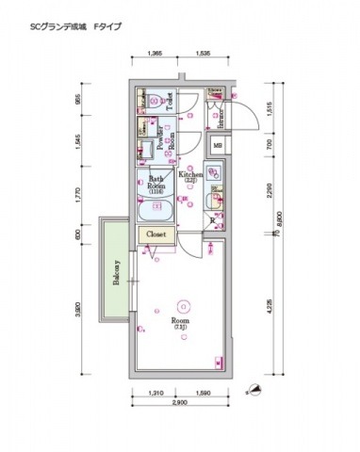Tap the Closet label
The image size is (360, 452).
pos(156,234)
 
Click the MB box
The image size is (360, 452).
pos(217,146)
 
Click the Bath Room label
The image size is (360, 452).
pos(156,183)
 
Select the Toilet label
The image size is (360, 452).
pos(170,101)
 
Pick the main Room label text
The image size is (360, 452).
pos(179,322)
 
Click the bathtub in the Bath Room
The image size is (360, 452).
pos(155,209)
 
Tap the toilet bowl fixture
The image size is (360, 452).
pos(151,99)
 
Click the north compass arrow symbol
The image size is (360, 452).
pos(253,387)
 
